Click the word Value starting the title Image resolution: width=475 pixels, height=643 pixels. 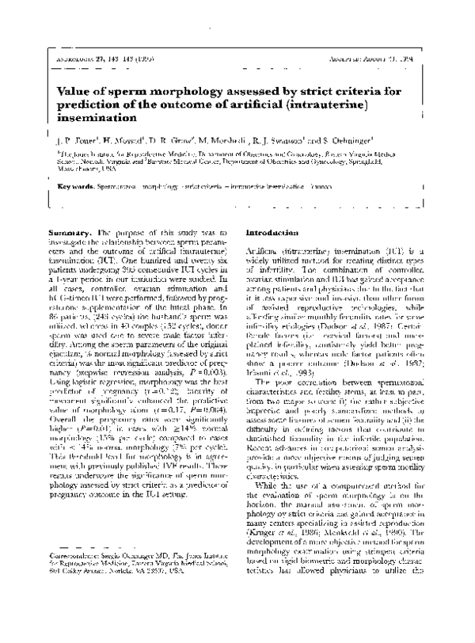(78, 91)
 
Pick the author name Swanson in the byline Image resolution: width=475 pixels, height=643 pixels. (288, 141)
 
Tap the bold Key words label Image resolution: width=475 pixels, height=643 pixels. (77, 187)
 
